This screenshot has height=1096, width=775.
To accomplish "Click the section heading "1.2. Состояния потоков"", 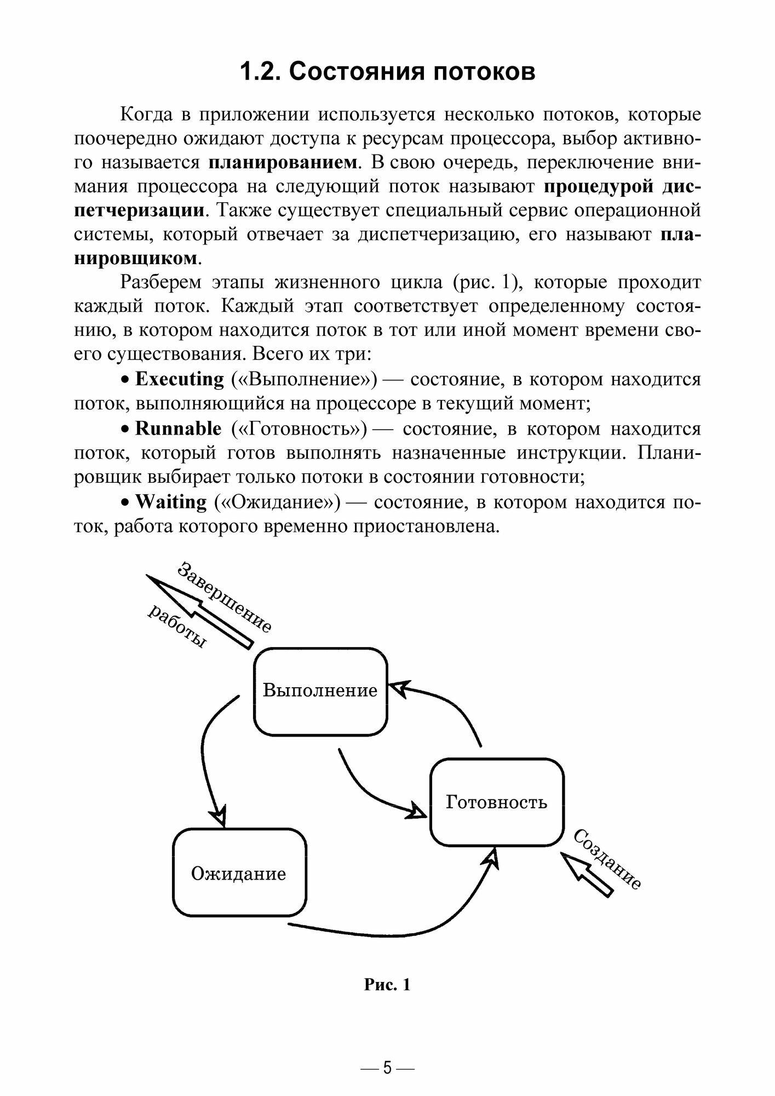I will coord(387,72).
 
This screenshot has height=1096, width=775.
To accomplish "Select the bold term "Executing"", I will coord(180,379).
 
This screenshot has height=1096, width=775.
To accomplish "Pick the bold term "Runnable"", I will coord(179,429).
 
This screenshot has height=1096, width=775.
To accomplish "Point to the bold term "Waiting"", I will coord(171,501).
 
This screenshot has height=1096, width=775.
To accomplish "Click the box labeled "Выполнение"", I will coord(320,690).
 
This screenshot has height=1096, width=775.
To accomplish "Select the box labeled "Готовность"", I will coord(496,802).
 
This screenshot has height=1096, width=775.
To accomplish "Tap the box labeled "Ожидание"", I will coord(239,873).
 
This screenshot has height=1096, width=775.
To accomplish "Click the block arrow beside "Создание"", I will coord(588,876).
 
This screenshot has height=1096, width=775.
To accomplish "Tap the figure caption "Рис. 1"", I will coord(387,985).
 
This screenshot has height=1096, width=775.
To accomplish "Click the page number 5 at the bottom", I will coord(387,1068).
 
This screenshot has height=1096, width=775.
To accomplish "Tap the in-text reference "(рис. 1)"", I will coord(485,282).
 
